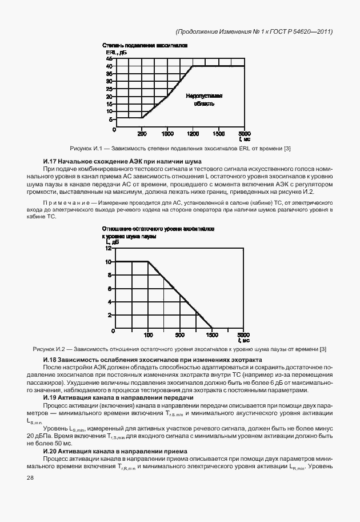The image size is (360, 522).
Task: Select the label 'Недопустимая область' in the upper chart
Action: click(203, 100)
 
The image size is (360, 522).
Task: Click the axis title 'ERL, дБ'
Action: click(111, 52)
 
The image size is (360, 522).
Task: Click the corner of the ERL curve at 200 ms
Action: click(142, 118)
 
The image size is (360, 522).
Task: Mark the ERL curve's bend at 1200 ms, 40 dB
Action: click(193, 66)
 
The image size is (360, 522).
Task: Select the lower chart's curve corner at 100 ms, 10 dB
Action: click(148, 262)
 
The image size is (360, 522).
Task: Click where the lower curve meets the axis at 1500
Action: click(212, 330)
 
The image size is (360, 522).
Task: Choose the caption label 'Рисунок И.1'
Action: click(84, 149)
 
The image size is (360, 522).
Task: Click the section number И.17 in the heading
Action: click(51, 162)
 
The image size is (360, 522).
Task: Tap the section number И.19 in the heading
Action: click(51, 397)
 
